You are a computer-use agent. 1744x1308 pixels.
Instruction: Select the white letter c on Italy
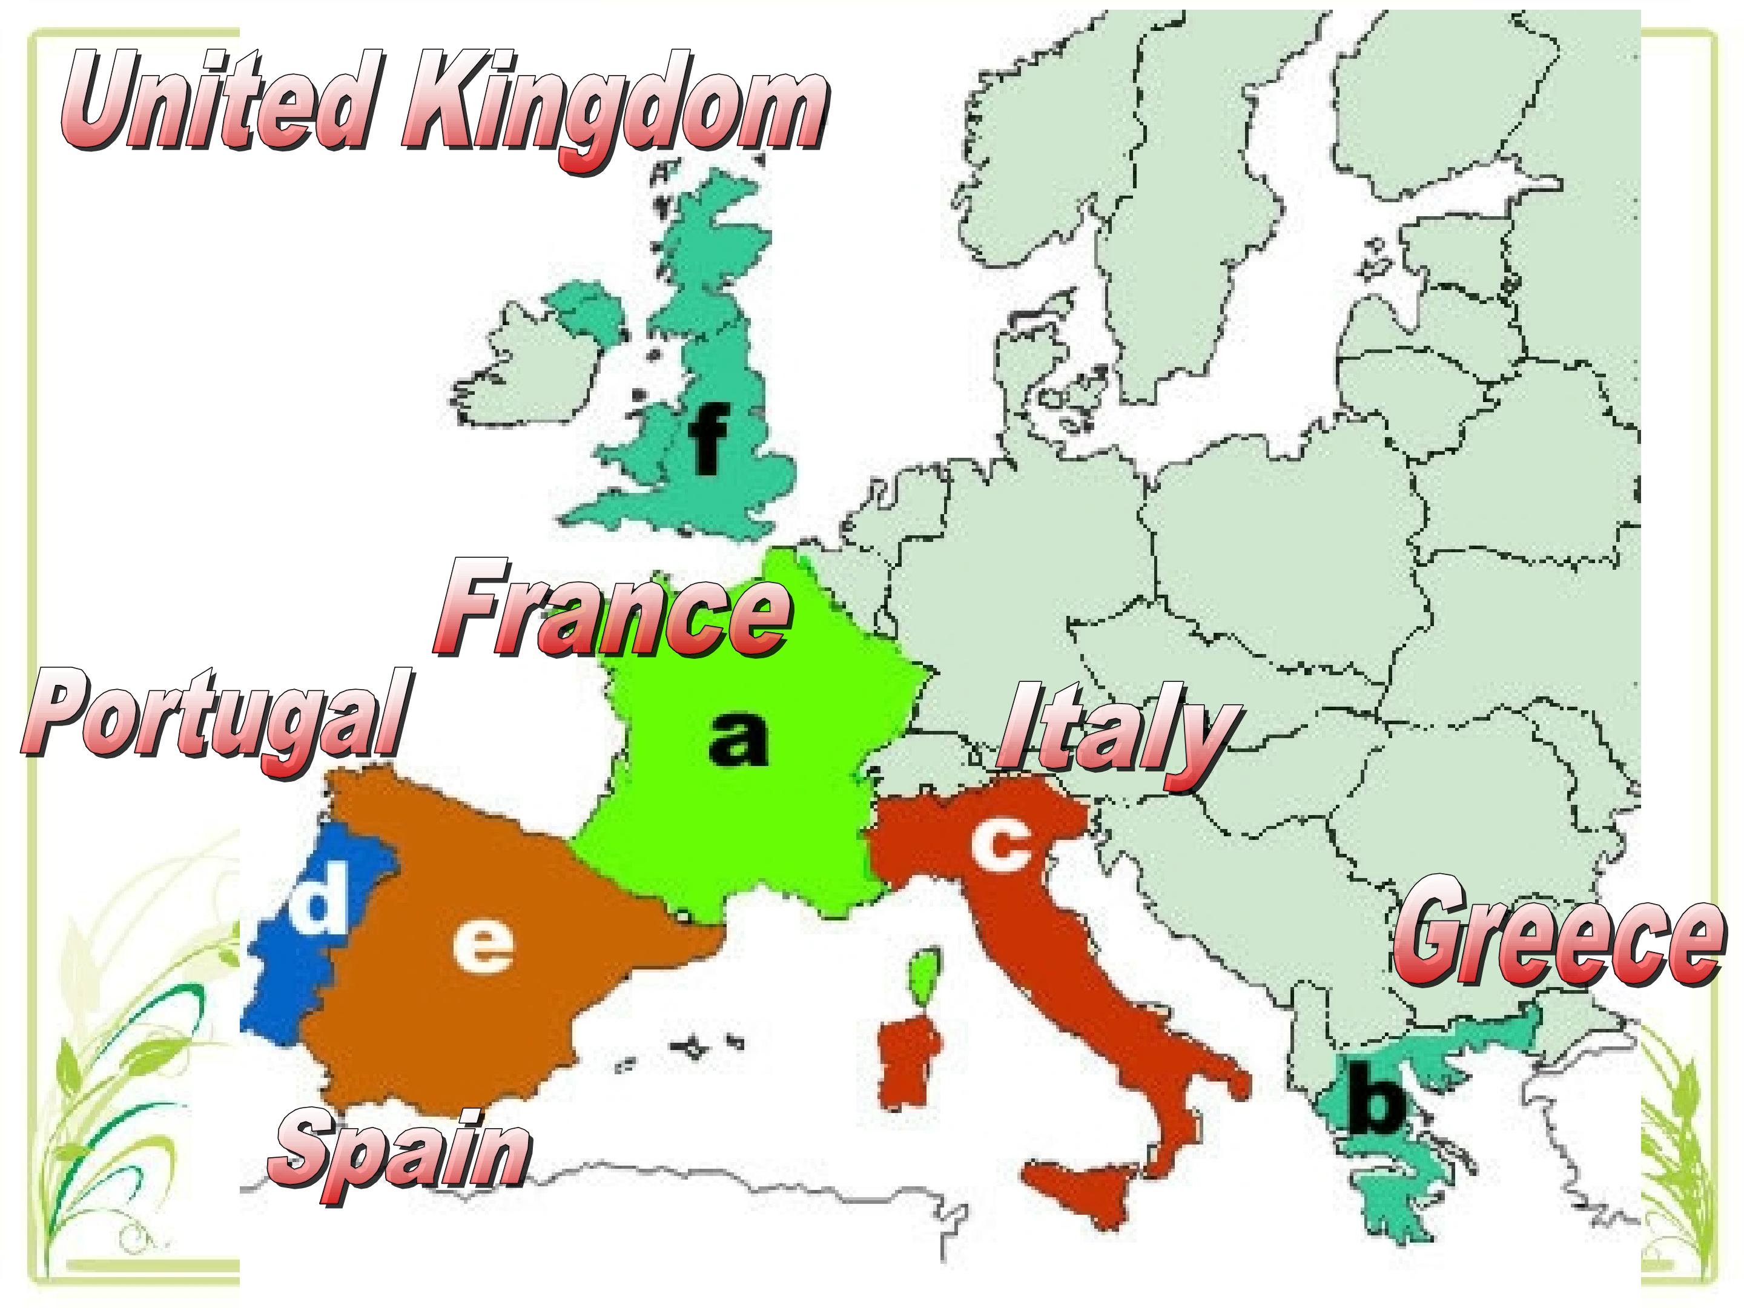click(x=1000, y=845)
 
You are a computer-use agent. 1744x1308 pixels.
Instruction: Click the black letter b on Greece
click(x=1375, y=1099)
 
